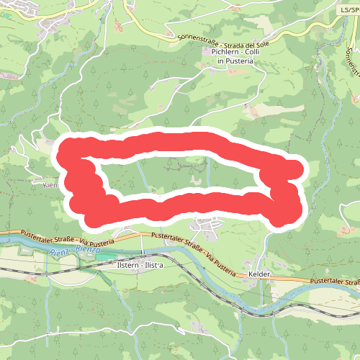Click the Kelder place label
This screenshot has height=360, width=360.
tap(258, 275)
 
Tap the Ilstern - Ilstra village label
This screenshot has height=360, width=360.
tap(140, 265)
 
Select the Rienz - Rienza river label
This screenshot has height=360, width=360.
tap(76, 253)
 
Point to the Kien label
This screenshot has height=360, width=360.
tap(50, 185)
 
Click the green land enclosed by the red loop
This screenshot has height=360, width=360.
tap(180, 173)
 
